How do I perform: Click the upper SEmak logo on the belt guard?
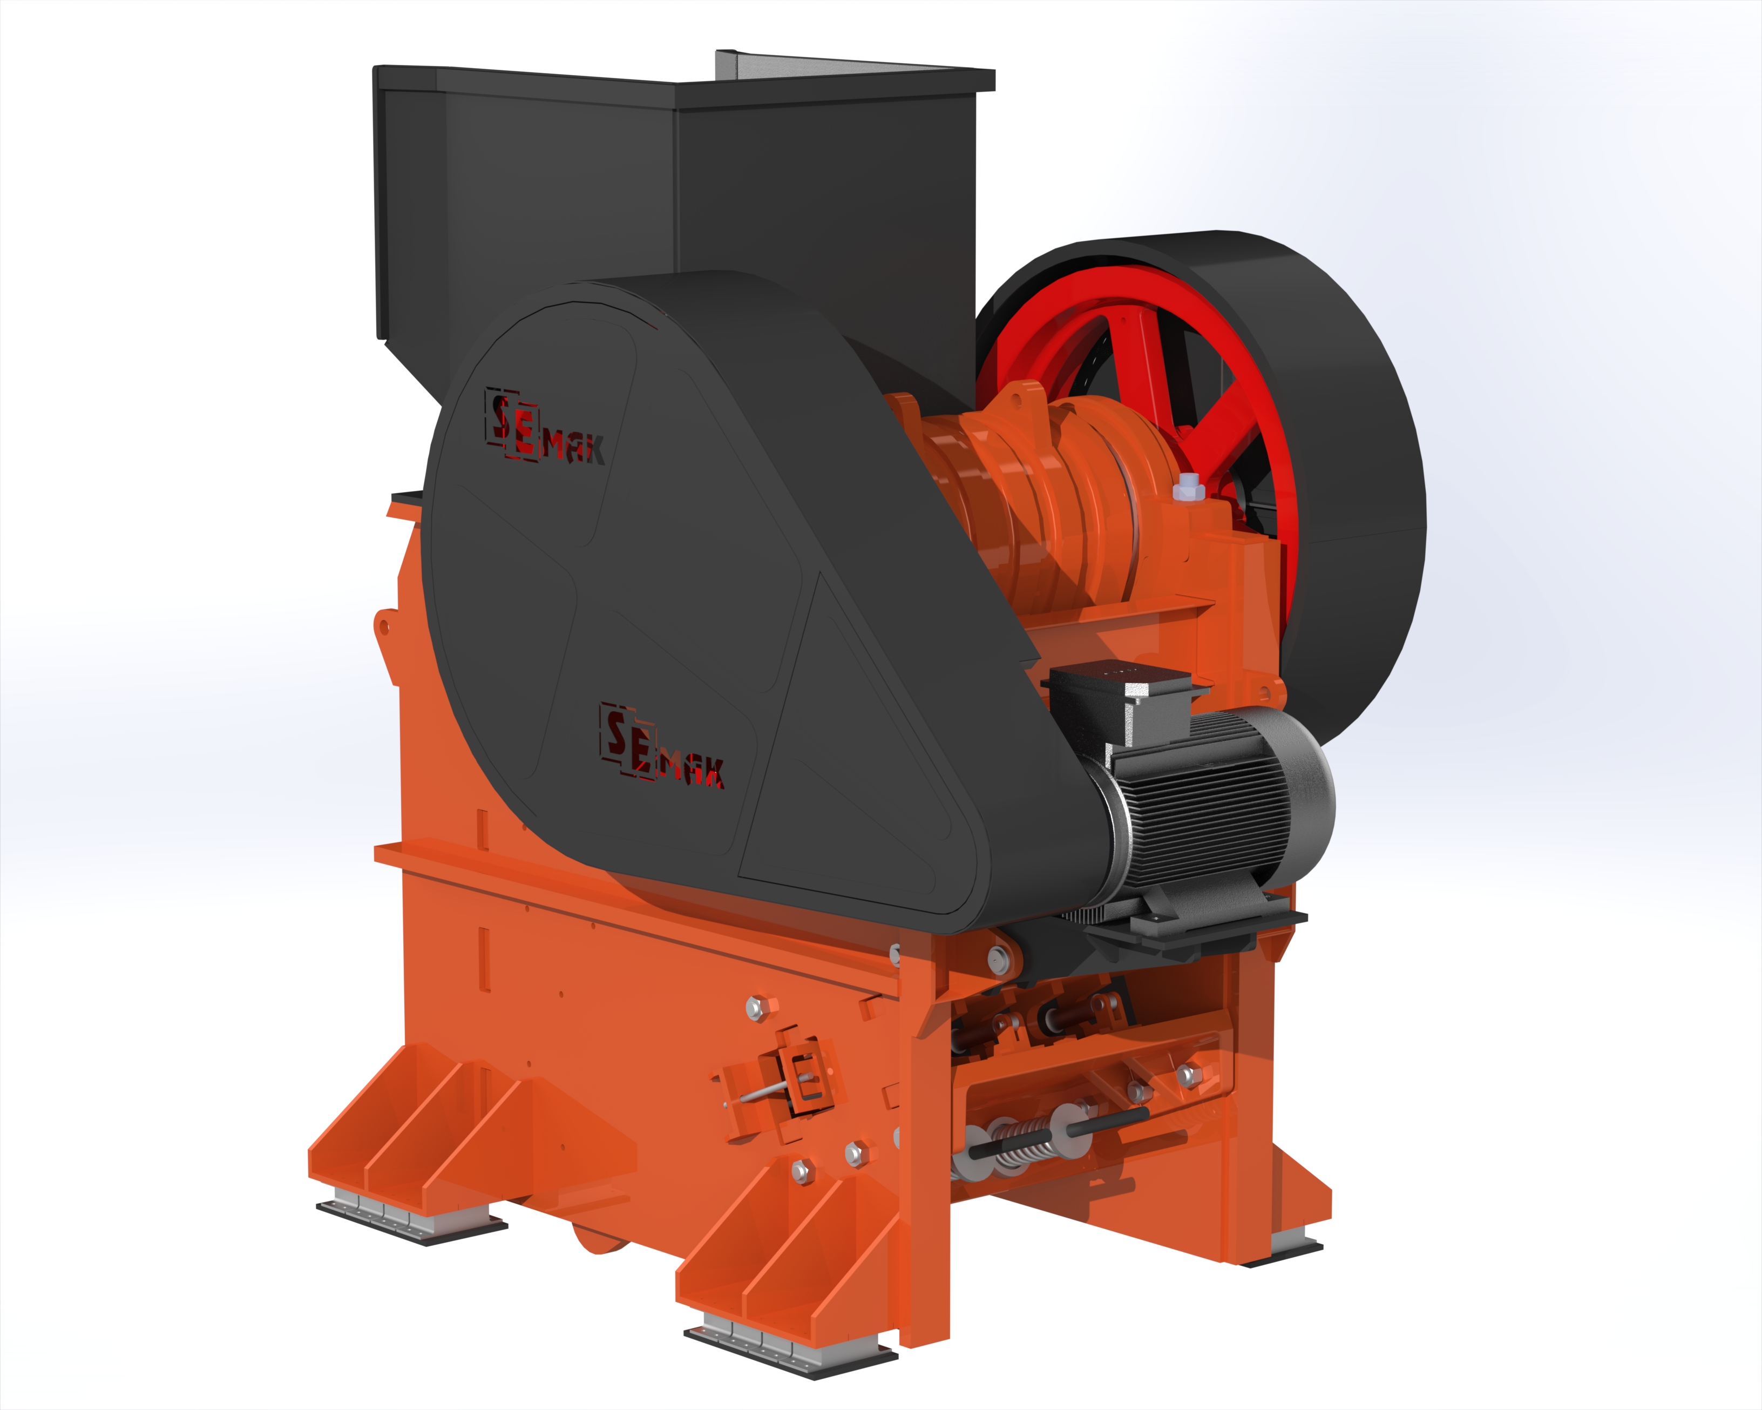tap(545, 428)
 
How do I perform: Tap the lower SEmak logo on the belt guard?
tap(662, 745)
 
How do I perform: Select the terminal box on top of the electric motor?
tap(1126, 701)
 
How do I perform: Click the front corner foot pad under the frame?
tap(791, 1345)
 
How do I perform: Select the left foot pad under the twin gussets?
tap(411, 1217)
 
